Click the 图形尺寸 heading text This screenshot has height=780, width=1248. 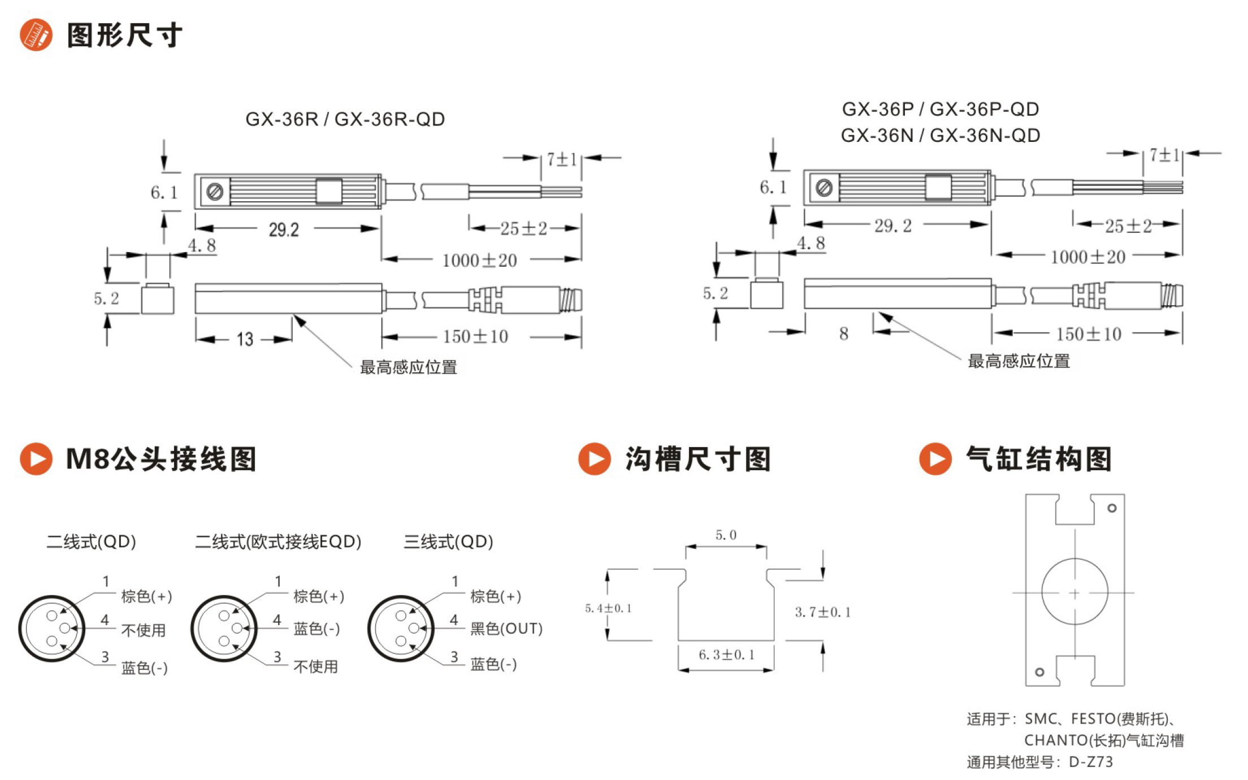click(x=125, y=35)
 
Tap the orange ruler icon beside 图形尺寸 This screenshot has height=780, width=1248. click(x=36, y=35)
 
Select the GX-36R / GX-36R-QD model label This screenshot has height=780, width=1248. click(x=345, y=119)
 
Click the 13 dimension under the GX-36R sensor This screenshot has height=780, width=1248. click(x=245, y=339)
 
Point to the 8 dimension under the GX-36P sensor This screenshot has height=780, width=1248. click(x=843, y=333)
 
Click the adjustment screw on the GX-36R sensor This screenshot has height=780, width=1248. click(x=215, y=192)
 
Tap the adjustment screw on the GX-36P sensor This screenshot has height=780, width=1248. click(x=824, y=187)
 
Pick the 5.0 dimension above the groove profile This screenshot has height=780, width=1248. click(x=726, y=535)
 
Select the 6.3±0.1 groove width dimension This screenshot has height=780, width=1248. click(x=726, y=655)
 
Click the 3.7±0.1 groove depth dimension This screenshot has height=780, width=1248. click(x=822, y=612)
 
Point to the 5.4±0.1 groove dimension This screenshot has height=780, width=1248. click(x=608, y=608)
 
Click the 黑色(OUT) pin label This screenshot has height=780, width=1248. click(x=506, y=628)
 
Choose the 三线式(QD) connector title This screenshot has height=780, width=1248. click(x=448, y=541)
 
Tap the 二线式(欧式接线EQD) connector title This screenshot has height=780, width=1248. click(x=278, y=541)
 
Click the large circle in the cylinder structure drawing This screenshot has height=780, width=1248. click(x=1074, y=559)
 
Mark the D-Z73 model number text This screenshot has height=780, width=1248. click(x=1091, y=762)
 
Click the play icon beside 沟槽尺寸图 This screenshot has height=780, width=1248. click(x=595, y=458)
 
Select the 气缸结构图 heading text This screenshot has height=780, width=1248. click(x=1039, y=458)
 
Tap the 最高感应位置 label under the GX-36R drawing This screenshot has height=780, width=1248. click(x=408, y=367)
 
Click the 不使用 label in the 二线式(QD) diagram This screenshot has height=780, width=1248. click(x=144, y=630)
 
